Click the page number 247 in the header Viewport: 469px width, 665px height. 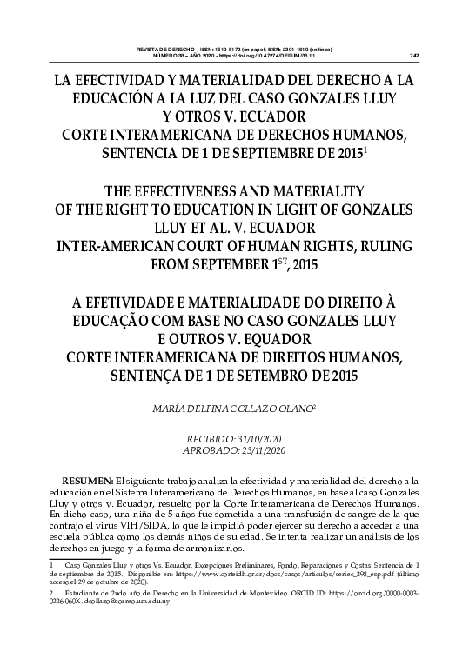(414, 56)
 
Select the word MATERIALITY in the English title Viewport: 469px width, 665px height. (318, 190)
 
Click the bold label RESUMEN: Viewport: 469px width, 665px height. (87, 481)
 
